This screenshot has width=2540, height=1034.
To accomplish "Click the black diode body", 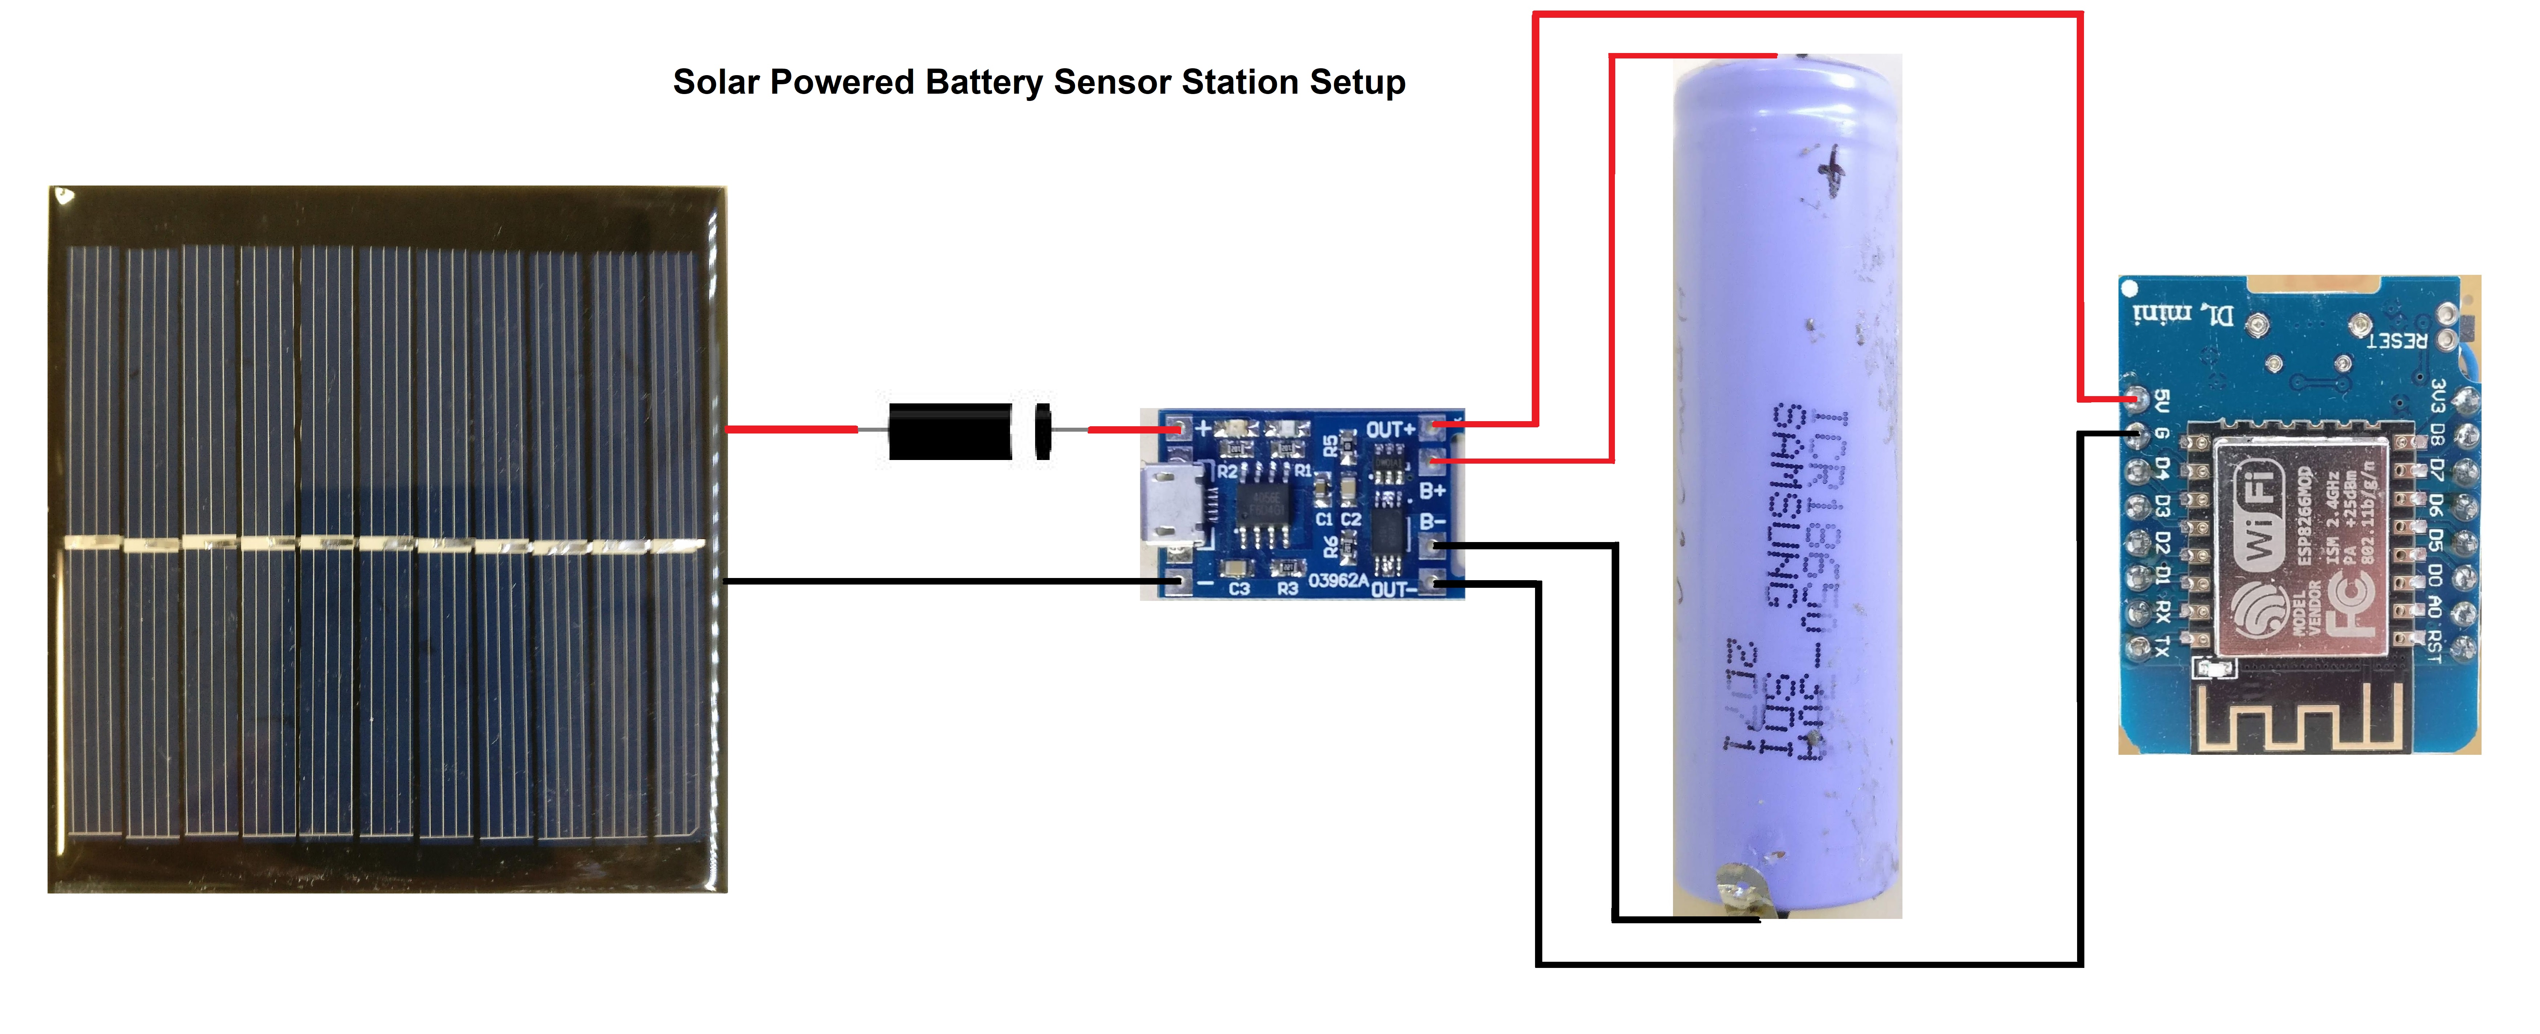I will [949, 431].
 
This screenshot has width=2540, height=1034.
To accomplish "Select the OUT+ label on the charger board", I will [1389, 430].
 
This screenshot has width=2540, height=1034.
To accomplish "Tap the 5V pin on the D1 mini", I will [2136, 399].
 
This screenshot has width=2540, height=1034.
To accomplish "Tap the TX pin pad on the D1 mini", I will [2136, 647].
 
